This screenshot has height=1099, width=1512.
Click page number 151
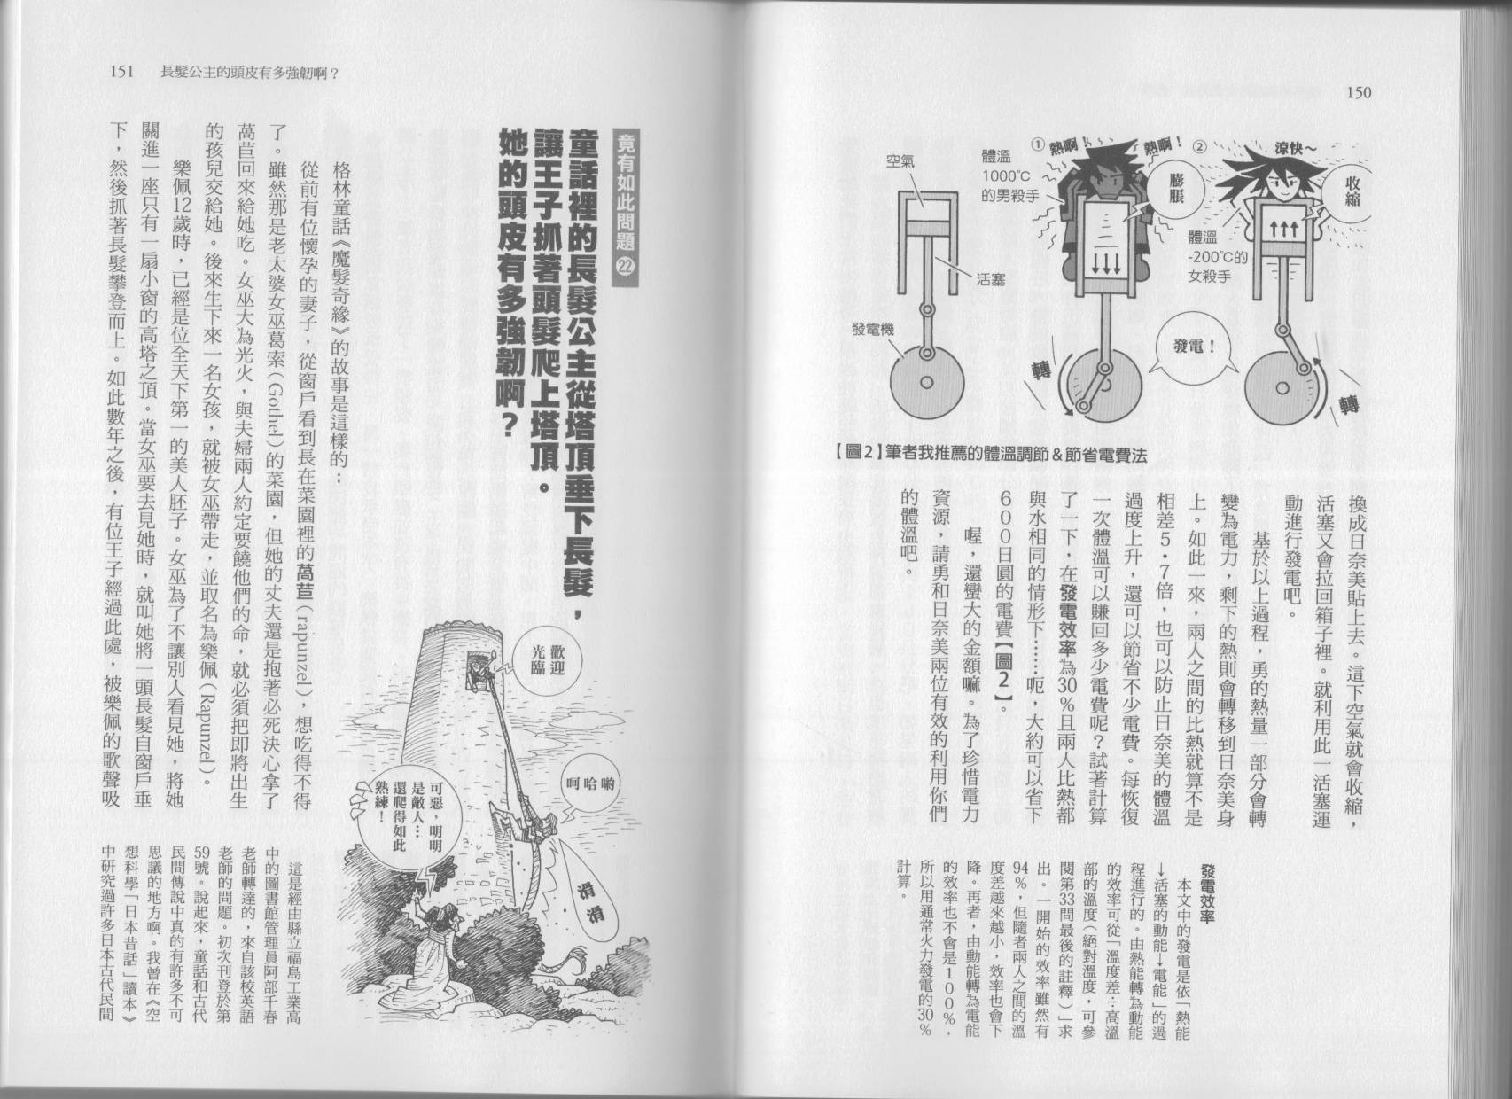point(117,73)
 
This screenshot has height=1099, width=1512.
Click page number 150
point(1358,91)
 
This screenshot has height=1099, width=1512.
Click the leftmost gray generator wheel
point(926,382)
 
